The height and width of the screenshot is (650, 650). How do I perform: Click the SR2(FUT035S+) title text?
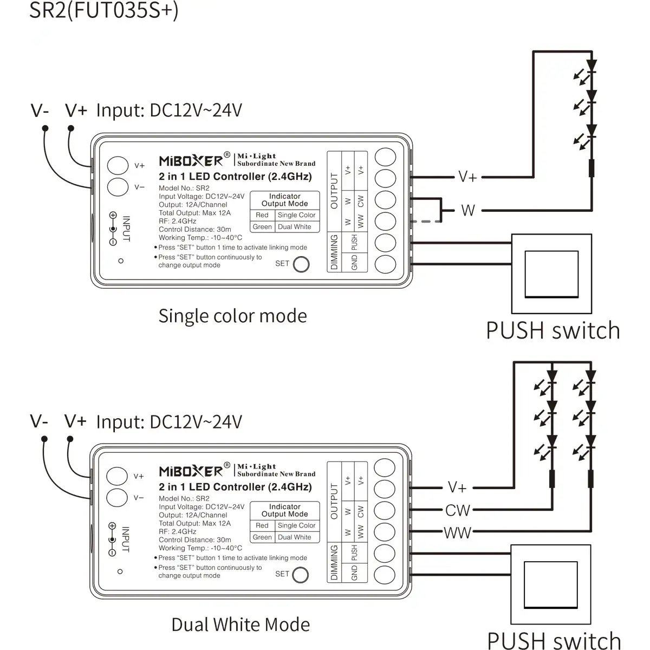[103, 10]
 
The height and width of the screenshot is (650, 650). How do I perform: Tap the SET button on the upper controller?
[301, 264]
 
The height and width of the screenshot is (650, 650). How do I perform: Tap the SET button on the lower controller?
[300, 575]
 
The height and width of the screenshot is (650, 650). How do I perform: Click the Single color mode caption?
[232, 316]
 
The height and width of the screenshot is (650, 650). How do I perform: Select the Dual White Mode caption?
[240, 625]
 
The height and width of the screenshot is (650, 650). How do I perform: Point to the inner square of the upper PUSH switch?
[551, 274]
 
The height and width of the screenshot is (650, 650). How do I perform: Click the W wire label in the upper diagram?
[468, 210]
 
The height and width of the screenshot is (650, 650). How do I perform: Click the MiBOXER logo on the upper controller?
[191, 160]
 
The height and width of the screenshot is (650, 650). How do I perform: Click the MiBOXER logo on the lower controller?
[191, 471]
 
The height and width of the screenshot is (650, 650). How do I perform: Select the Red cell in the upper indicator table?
[262, 215]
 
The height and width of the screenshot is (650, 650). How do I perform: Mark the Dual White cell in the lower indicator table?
[295, 537]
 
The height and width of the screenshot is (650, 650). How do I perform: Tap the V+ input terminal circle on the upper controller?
[118, 165]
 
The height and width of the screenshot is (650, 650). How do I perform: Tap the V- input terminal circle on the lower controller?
[117, 497]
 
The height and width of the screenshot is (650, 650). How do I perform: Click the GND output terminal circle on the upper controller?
[385, 264]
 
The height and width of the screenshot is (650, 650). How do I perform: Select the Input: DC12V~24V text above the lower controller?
[168, 422]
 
